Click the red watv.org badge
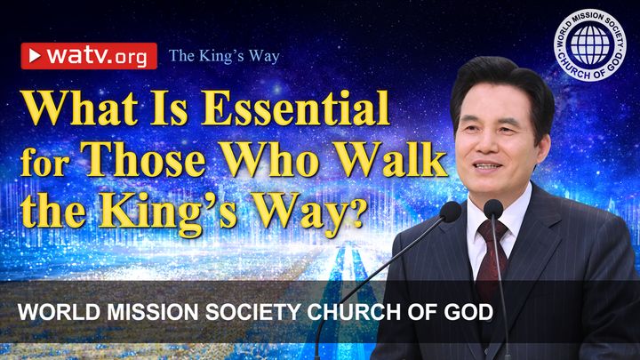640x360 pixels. (x=89, y=56)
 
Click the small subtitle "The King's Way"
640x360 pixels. (x=224, y=56)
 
